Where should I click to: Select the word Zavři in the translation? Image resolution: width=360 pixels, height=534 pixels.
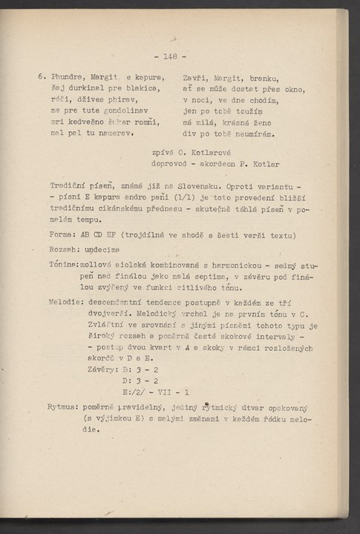pyautogui.click(x=194, y=76)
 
